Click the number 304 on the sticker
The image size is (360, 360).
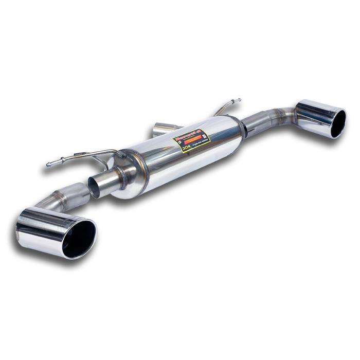[186, 148]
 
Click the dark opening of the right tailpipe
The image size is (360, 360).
[338, 124]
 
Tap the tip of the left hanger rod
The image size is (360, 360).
[48, 165]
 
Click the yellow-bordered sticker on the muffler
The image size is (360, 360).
[191, 140]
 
